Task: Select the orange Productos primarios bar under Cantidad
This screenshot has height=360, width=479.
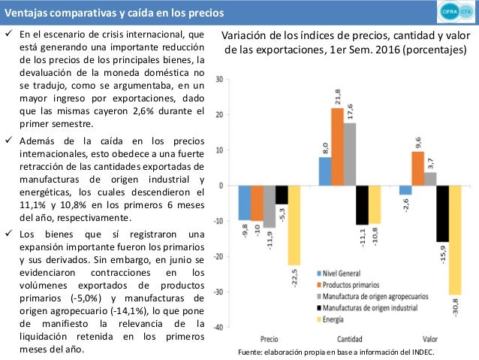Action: point(337,147)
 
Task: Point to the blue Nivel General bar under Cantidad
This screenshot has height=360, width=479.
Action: point(324,171)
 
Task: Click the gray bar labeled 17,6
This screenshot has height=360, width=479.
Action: point(350,154)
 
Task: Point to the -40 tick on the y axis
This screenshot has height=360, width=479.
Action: point(218,327)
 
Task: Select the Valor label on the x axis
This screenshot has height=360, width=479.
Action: point(431,339)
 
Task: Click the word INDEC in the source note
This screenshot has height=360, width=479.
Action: point(422,352)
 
